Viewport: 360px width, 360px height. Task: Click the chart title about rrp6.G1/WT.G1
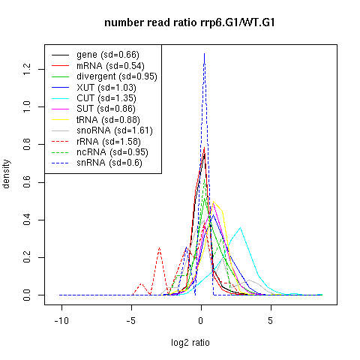pos(190,22)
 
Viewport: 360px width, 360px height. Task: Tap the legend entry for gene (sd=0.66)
pos(108,55)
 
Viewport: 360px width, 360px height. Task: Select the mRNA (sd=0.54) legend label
pos(110,66)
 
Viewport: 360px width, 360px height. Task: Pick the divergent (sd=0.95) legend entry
pos(117,76)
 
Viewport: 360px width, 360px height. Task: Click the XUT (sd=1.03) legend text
pos(106,88)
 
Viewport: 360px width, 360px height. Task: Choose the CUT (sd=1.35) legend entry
pos(106,98)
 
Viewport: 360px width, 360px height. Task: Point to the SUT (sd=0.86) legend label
pos(106,109)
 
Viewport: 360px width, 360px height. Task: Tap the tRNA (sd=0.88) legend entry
pos(108,120)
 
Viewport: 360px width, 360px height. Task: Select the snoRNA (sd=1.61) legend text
pos(115,130)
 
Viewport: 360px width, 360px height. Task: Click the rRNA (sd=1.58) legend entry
pos(109,142)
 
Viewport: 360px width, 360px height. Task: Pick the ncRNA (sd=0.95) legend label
pos(112,152)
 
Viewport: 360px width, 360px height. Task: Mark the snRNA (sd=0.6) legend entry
pos(109,163)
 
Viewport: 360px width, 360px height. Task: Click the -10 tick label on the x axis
pos(61,320)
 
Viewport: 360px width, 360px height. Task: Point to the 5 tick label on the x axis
pos(271,320)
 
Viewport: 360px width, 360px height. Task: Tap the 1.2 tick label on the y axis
pos(27,69)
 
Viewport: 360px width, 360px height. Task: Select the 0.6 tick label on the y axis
pos(27,182)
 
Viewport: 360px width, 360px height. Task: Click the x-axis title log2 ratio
pos(190,343)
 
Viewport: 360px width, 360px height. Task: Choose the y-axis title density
pos(6,174)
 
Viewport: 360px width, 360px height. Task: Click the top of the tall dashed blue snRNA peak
pos(205,53)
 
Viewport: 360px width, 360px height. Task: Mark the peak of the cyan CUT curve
pos(241,227)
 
